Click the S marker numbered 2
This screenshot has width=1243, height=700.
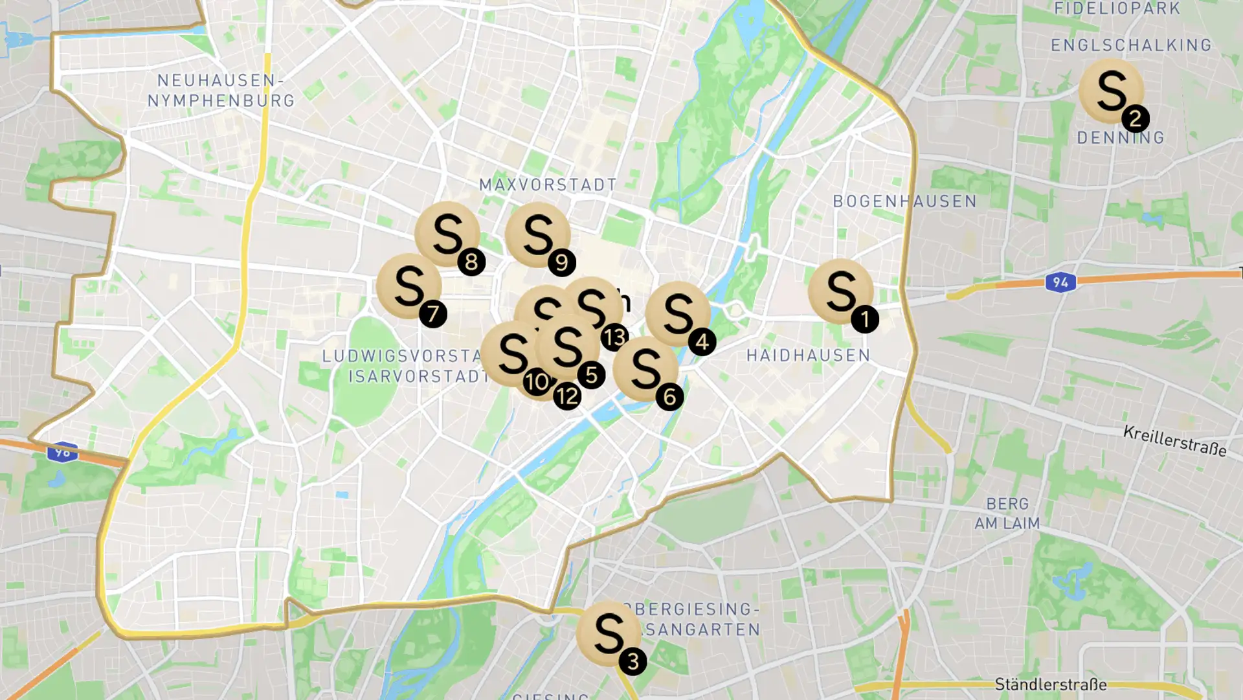[x=1111, y=91]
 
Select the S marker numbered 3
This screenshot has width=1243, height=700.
[x=609, y=633]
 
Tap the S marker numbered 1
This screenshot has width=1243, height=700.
[x=840, y=291]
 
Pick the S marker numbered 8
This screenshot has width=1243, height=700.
[x=447, y=234]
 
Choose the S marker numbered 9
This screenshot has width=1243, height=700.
[x=537, y=234]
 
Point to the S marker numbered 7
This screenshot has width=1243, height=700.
[x=409, y=286]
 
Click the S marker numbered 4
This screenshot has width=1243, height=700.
[x=678, y=313]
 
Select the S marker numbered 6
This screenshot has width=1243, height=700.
[x=645, y=368]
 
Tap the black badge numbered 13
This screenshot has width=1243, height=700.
[x=614, y=337]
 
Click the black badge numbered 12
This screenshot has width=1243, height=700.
[x=567, y=396]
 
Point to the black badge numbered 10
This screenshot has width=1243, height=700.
[x=537, y=381]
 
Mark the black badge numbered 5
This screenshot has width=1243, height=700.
[x=591, y=375]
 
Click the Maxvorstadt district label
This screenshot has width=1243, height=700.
[x=548, y=185]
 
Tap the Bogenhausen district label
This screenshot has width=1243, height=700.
[x=904, y=201]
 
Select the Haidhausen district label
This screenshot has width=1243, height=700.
[x=808, y=356]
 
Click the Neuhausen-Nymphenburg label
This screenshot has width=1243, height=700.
[x=221, y=91]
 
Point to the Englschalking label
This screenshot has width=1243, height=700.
[x=1131, y=45]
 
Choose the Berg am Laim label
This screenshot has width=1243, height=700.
[x=1007, y=514]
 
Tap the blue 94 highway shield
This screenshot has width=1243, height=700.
[x=1060, y=282]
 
